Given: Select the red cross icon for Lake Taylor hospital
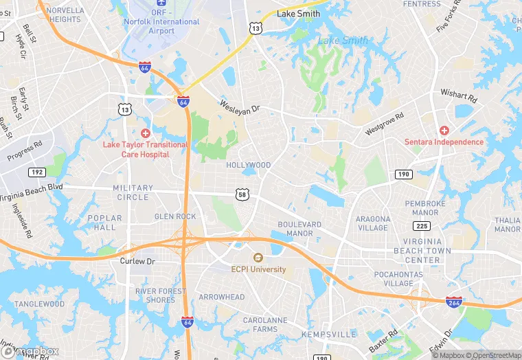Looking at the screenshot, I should click(x=145, y=133).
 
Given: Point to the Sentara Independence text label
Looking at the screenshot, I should click(x=444, y=142).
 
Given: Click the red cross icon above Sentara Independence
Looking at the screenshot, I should click(x=444, y=130).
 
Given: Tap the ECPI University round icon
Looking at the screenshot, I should click(x=258, y=258).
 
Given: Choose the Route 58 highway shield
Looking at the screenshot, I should click(x=241, y=195).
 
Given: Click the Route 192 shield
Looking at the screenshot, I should click(x=36, y=172).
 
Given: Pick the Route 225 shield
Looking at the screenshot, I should click(x=422, y=226).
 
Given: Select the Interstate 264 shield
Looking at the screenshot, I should click(x=453, y=302).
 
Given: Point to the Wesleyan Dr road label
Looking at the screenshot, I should click(x=240, y=107).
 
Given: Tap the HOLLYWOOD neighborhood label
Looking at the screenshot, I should click(x=249, y=166).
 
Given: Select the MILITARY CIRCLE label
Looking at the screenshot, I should click(x=133, y=192).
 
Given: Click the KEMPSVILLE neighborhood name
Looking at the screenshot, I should click(x=329, y=334).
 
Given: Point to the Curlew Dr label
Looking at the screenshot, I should click(x=138, y=261).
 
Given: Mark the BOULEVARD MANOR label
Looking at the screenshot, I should click(x=299, y=229).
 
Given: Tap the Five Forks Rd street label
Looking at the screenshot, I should click(x=451, y=20).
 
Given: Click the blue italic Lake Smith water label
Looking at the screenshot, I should click(x=343, y=41).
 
